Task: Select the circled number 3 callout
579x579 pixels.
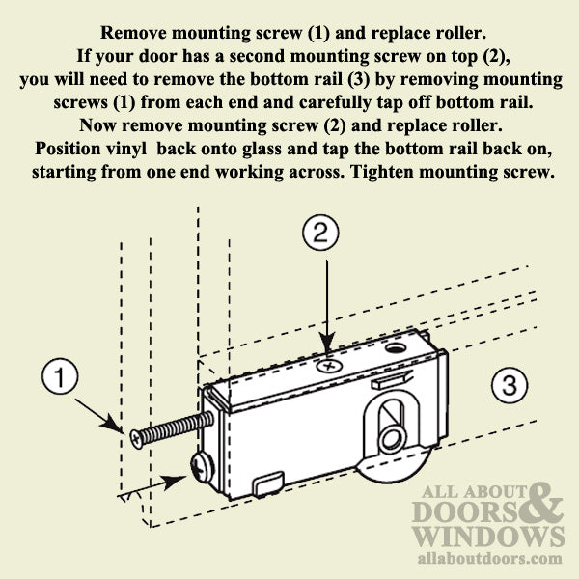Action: pyautogui.click(x=508, y=387)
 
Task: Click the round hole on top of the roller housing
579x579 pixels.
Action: pyautogui.click(x=394, y=345)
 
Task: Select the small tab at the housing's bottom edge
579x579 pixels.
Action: pyautogui.click(x=269, y=478)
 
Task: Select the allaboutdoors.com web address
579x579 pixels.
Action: pyautogui.click(x=488, y=559)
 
